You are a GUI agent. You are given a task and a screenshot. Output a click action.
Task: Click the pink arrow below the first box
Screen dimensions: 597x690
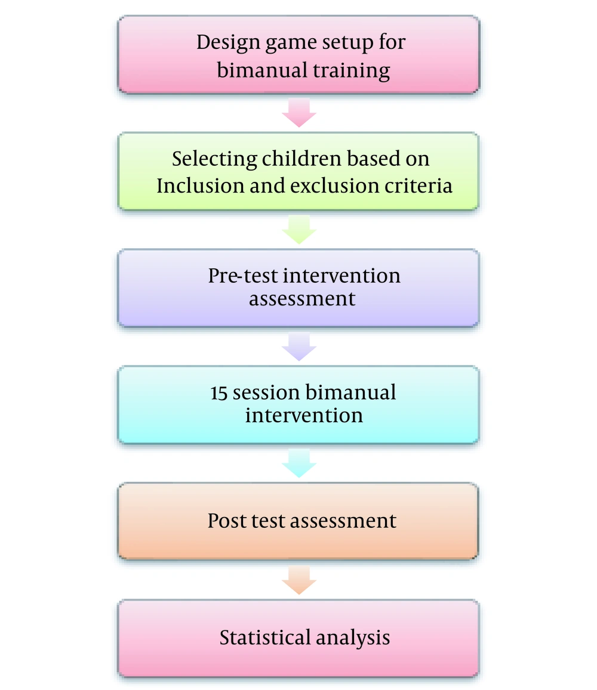[299, 113]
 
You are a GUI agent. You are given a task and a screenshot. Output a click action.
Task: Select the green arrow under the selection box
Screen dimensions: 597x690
[299, 230]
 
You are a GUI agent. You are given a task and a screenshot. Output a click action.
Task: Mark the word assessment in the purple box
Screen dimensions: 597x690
[302, 299]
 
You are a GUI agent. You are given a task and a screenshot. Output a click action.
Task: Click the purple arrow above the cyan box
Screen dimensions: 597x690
[299, 346]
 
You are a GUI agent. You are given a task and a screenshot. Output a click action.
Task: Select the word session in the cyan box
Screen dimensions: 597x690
[266, 392]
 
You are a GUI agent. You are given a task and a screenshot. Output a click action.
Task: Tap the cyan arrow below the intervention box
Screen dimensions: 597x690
[299, 463]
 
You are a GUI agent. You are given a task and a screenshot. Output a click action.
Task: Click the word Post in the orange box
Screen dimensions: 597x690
[226, 521]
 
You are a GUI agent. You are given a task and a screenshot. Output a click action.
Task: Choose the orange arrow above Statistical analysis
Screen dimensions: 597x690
[299, 580]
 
